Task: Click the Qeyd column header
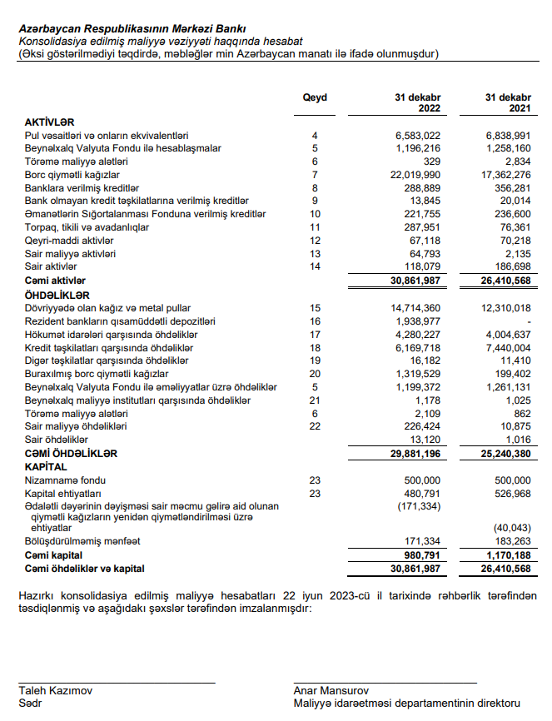[x=315, y=97]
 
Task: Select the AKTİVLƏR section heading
[x=50, y=122]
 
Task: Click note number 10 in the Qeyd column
[x=315, y=214]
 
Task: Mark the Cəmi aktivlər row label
[x=55, y=281]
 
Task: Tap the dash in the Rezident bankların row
[x=528, y=321]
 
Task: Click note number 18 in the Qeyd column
[x=315, y=347]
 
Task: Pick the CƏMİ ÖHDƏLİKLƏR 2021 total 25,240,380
[x=500, y=454]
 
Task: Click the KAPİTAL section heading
[x=46, y=467]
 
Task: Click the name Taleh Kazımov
[x=56, y=690]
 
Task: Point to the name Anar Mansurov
[x=331, y=690]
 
